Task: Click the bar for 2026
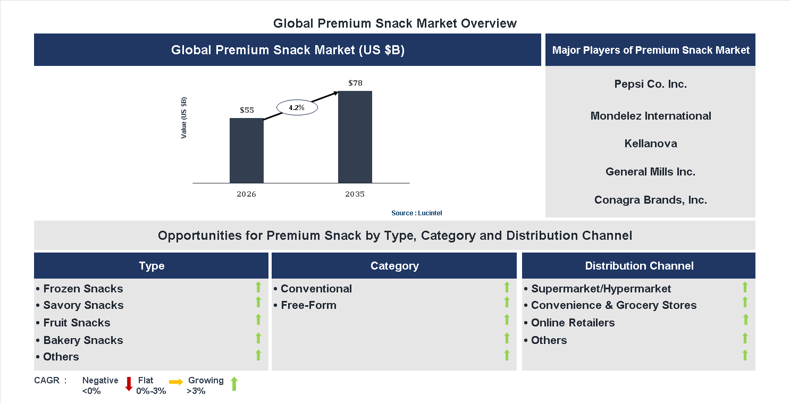tap(246, 150)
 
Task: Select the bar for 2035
tap(355, 137)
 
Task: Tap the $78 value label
tap(355, 83)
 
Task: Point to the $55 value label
tap(247, 110)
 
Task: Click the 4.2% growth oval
tap(297, 107)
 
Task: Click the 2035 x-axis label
tap(355, 194)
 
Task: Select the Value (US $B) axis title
tap(184, 118)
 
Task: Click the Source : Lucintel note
tap(416, 213)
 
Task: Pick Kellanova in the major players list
tap(650, 144)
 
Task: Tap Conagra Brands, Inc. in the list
tap(650, 200)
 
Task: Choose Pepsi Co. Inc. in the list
tap(650, 84)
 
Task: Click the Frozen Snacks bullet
tap(80, 289)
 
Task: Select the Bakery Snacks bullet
tap(80, 340)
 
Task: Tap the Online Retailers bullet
tap(569, 323)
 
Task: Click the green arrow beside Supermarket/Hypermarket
tap(745, 287)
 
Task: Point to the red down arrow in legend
tap(129, 384)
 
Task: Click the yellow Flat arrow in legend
tap(176, 382)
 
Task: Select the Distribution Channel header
tap(639, 266)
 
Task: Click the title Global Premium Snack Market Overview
tap(394, 23)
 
